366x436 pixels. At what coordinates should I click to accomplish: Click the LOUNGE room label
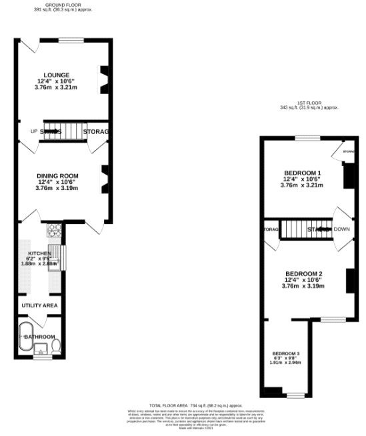[x=57, y=75]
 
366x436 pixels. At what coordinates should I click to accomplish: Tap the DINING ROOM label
[x=57, y=175]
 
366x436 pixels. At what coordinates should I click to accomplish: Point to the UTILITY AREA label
[x=39, y=305]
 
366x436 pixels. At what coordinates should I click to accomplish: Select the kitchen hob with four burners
[x=54, y=231]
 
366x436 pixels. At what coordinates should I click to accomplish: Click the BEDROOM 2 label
[x=304, y=274]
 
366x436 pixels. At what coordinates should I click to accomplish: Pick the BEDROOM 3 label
[x=285, y=353]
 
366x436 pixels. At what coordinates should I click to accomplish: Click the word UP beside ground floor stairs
[x=33, y=131]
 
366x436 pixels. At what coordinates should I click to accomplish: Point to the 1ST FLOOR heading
[x=309, y=102]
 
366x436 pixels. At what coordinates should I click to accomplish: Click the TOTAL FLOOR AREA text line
[x=186, y=405]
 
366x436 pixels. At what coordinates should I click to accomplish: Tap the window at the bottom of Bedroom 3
[x=295, y=397]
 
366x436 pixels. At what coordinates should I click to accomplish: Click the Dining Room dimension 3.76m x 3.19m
[x=57, y=188]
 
